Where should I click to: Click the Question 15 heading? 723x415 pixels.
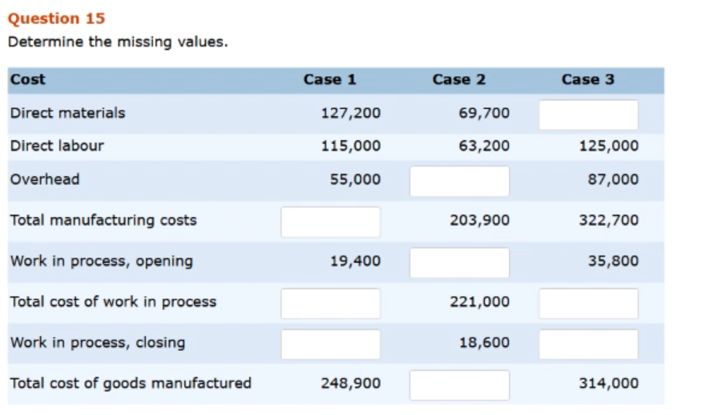pyautogui.click(x=56, y=18)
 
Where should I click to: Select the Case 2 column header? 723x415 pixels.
pyautogui.click(x=458, y=79)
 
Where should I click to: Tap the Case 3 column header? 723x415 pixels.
pyautogui.click(x=588, y=79)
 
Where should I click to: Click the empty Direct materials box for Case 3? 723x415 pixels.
pyautogui.click(x=588, y=115)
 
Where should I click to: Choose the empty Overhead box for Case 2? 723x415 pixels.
pyautogui.click(x=459, y=181)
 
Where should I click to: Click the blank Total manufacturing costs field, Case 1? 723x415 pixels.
pyautogui.click(x=330, y=222)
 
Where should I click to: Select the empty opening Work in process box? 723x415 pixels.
pyautogui.click(x=459, y=263)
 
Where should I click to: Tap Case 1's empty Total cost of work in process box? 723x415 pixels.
pyautogui.click(x=330, y=304)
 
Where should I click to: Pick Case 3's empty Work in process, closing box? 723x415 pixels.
pyautogui.click(x=588, y=344)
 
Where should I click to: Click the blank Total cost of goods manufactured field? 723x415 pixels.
pyautogui.click(x=459, y=385)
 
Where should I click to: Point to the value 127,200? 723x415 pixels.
pyautogui.click(x=350, y=113)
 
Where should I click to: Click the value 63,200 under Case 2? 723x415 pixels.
pyautogui.click(x=484, y=146)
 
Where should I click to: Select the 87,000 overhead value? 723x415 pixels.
pyautogui.click(x=613, y=179)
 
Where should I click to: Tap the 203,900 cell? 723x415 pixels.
pyautogui.click(x=479, y=220)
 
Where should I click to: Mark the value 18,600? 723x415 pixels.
pyautogui.click(x=484, y=342)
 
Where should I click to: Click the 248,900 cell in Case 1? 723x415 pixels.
pyautogui.click(x=350, y=383)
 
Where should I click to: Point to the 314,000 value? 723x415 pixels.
pyautogui.click(x=608, y=383)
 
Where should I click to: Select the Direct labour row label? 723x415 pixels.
pyautogui.click(x=57, y=146)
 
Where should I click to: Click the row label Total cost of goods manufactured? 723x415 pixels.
pyautogui.click(x=131, y=383)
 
